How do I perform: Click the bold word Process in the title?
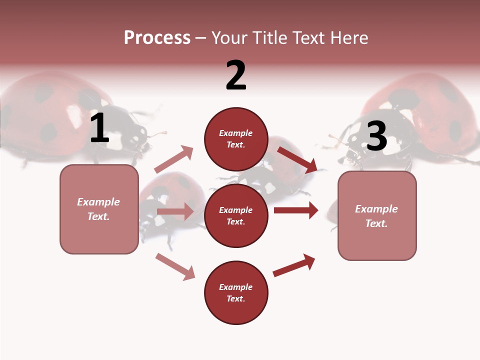[x=157, y=37]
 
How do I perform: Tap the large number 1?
[x=99, y=128]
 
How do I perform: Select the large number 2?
[x=235, y=75]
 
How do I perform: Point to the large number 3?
[x=376, y=136]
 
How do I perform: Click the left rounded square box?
[x=99, y=209]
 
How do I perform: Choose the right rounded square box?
[x=377, y=216]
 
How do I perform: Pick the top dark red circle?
[x=236, y=138]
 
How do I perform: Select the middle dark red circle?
[x=236, y=215]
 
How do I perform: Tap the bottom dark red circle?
[x=236, y=292]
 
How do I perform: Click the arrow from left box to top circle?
[x=174, y=159]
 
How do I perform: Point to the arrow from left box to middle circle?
[x=175, y=211]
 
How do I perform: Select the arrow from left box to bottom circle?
[x=175, y=266]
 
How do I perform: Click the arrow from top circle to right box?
[x=297, y=160]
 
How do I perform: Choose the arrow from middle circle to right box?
[x=296, y=210]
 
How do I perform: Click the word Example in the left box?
[x=98, y=202]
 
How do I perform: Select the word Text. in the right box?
[x=376, y=223]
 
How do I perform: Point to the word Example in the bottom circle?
[x=236, y=287]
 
